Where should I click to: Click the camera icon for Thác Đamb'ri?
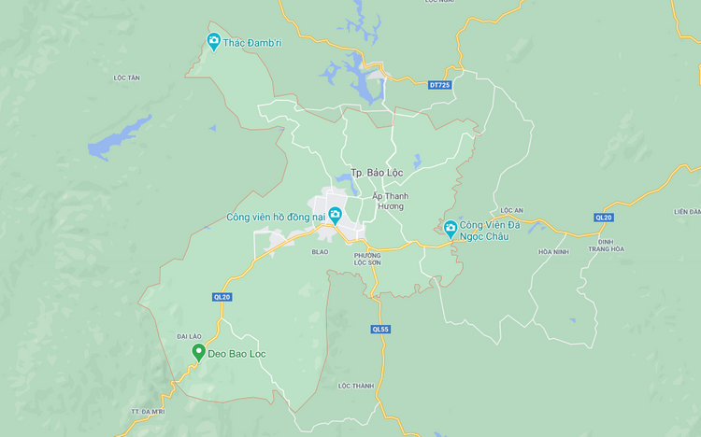click(214, 41)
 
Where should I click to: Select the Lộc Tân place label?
click(126, 78)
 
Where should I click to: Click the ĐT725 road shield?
click(439, 85)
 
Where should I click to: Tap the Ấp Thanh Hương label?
click(390, 201)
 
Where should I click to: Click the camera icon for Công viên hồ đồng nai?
click(335, 217)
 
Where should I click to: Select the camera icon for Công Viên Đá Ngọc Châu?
click(451, 227)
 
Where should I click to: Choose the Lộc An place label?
click(511, 210)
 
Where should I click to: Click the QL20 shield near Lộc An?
click(603, 218)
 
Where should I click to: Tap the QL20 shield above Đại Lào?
click(222, 297)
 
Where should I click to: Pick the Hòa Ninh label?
click(553, 251)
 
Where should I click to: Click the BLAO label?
click(320, 251)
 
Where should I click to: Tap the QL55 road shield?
click(379, 329)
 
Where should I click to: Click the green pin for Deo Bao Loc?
click(198, 352)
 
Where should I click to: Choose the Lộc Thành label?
click(356, 386)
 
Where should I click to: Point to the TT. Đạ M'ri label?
click(146, 411)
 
